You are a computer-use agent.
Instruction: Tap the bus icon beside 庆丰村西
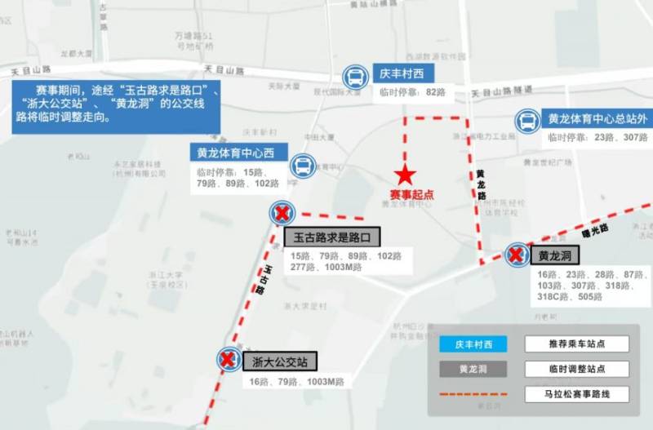click(x=355, y=78)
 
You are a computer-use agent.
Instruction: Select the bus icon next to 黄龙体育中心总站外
click(x=527, y=122)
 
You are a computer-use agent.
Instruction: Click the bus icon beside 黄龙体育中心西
click(x=302, y=166)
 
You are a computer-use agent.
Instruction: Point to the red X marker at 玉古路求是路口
click(x=282, y=214)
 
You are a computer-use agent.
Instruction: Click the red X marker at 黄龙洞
click(x=516, y=255)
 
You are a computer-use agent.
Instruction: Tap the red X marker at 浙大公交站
click(x=229, y=359)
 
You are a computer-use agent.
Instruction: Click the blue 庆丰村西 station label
click(x=398, y=73)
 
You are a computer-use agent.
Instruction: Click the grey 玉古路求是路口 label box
click(x=332, y=237)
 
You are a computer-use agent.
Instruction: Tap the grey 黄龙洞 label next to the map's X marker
click(x=554, y=255)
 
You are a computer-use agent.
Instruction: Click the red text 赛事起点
click(x=411, y=195)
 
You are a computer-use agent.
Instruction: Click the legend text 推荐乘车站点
click(x=576, y=344)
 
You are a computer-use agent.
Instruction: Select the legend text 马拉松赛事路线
click(x=576, y=394)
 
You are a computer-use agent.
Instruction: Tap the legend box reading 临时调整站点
click(x=576, y=369)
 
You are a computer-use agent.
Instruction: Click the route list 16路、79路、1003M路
click(x=296, y=381)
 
